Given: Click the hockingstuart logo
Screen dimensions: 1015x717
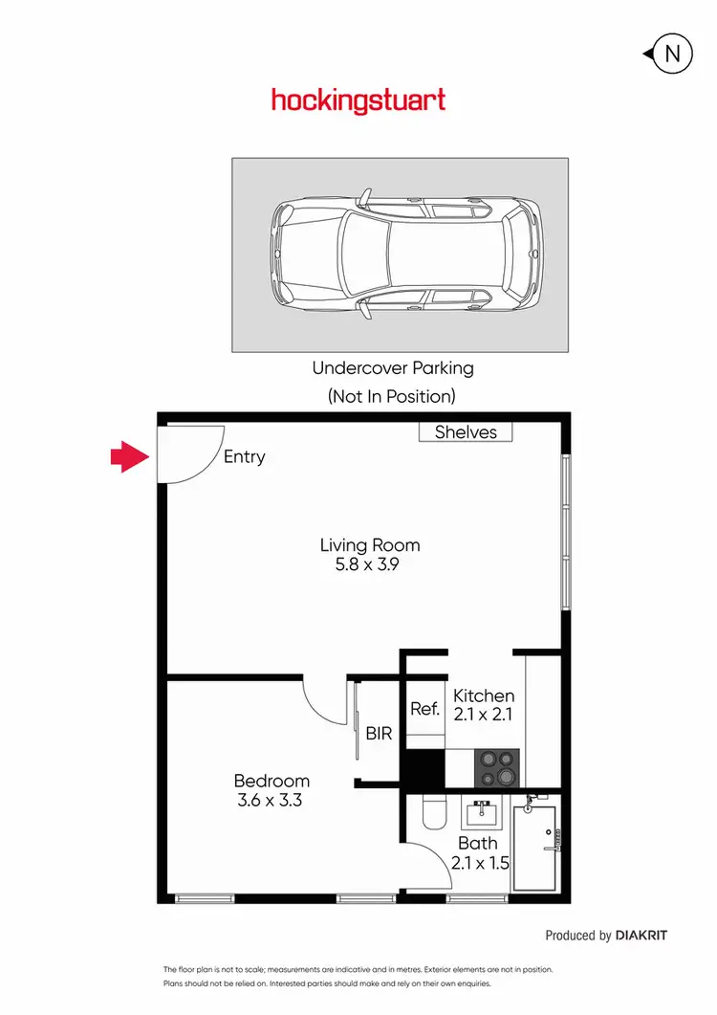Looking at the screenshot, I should (358, 100).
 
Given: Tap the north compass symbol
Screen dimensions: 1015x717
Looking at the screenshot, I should (671, 55).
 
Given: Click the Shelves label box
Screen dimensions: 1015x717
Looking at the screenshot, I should (466, 432).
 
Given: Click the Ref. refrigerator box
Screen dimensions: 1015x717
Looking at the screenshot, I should (424, 709).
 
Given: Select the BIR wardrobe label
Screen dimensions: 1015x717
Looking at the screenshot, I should (379, 734).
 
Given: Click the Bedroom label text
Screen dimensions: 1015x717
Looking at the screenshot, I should (272, 781).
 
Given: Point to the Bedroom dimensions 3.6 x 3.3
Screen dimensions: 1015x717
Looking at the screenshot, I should (271, 801).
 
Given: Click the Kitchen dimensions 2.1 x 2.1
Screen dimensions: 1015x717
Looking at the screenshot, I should (483, 715).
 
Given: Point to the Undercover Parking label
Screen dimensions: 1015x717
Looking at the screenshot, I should (392, 367).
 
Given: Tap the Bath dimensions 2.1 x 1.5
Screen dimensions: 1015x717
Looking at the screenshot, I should (479, 862).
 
